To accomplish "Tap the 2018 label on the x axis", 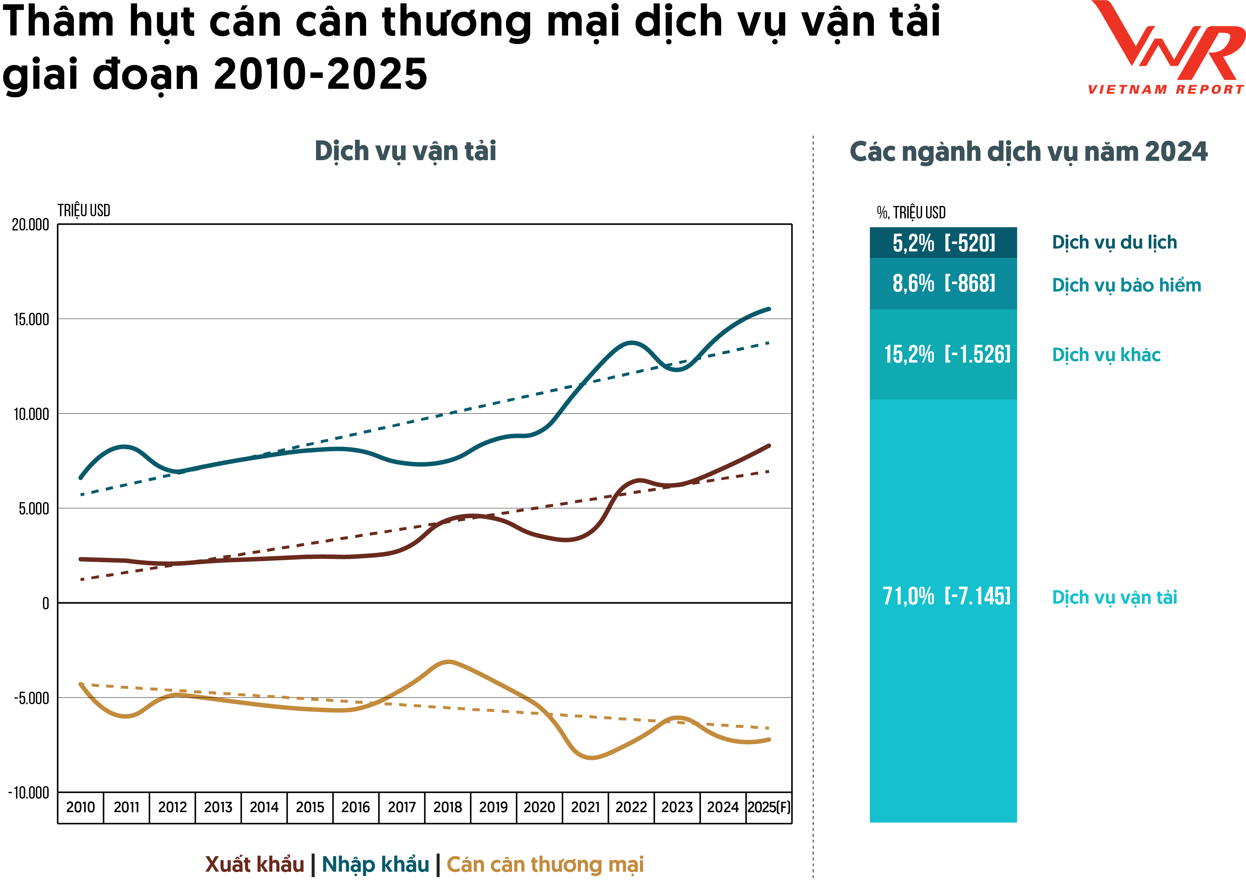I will pos(447,807).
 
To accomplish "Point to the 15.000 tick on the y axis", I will pos(31,319).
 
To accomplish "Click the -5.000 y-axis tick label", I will pos(31,698).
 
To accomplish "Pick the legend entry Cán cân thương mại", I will pos(545,864).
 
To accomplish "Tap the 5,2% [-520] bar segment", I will pos(943,243).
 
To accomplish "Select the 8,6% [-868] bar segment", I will pos(943,283).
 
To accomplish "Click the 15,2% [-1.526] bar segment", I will pos(943,354).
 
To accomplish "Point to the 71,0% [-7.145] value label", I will pos(946,596).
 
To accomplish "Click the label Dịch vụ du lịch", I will pos(1114,242).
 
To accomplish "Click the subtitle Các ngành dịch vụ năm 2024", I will pos(1028,151).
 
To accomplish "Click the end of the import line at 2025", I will pos(768,309).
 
